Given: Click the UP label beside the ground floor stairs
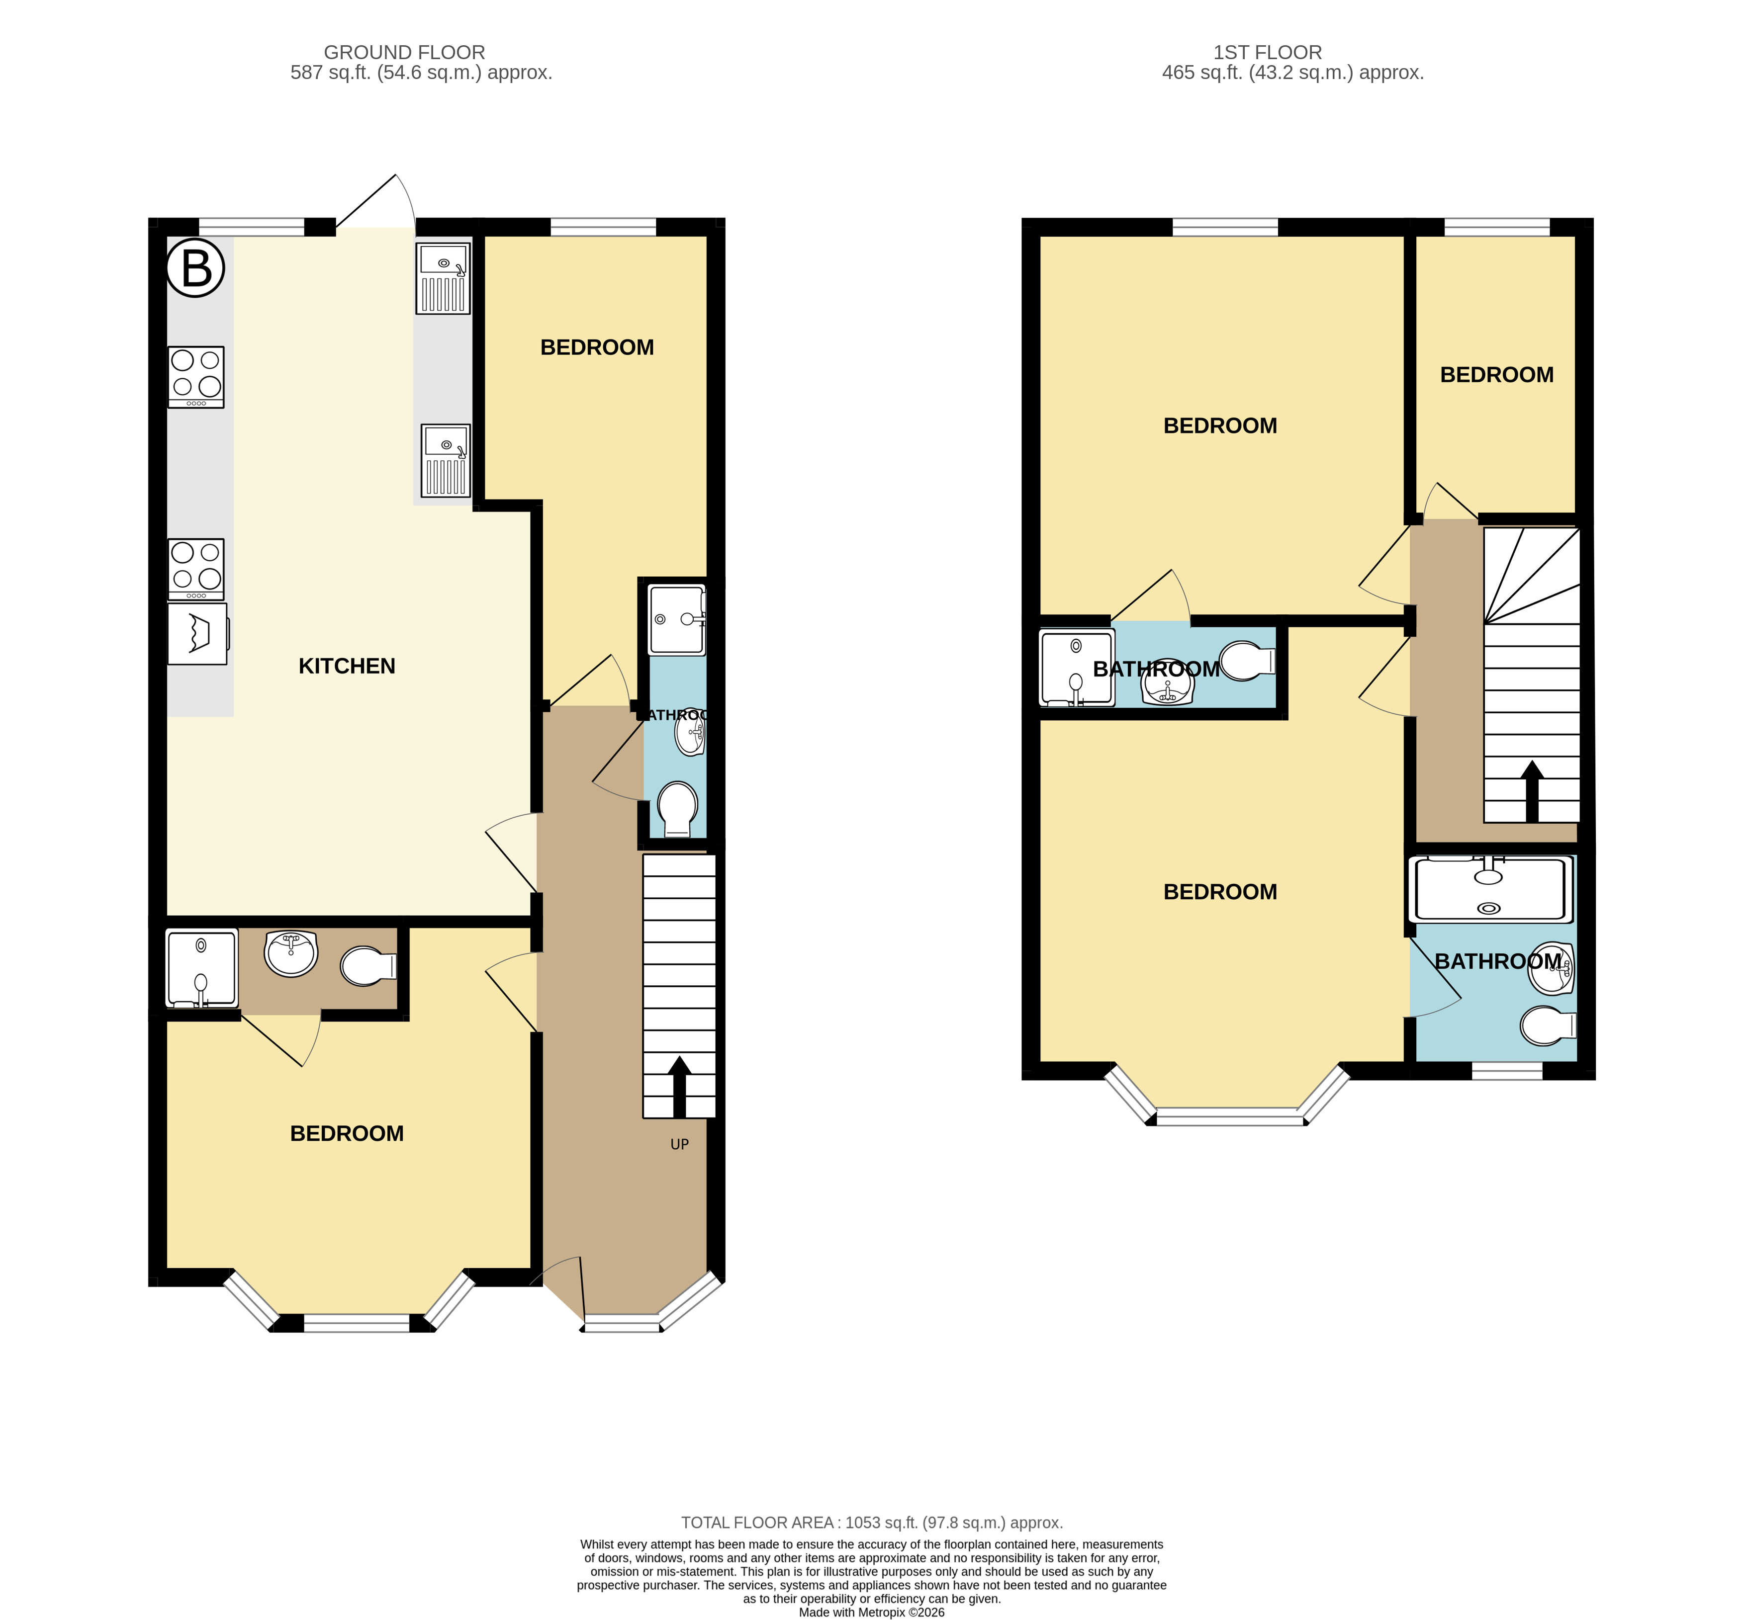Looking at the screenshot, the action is click(679, 1144).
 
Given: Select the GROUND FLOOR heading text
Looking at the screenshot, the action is click(404, 53).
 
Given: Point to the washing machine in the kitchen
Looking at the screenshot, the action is click(198, 633).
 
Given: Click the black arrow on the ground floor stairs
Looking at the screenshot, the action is click(679, 1087).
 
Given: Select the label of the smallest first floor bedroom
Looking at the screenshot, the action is click(1497, 375).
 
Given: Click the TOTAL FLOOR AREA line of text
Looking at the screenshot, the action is click(872, 1523).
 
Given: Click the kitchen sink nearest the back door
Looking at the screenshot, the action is click(444, 278).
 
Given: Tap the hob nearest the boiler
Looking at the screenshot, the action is click(196, 377).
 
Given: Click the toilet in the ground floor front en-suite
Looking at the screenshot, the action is click(368, 966).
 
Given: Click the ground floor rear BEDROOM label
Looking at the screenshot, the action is click(597, 348).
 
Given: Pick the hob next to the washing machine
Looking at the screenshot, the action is click(196, 569).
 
